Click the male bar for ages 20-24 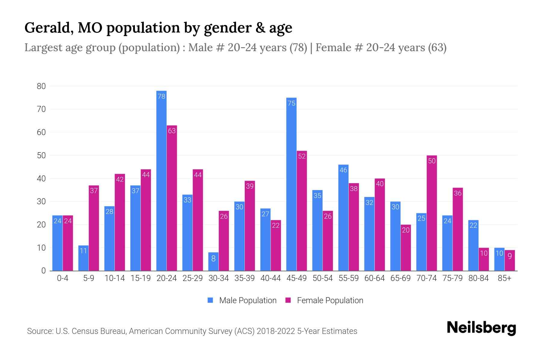coord(161,180)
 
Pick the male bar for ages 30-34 coord(213,261)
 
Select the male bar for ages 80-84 coord(473,245)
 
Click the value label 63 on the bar coord(172,131)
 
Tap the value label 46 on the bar coord(343,170)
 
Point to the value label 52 coord(302,156)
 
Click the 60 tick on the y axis coord(41,132)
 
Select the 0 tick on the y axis coord(43,271)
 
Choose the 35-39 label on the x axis coord(245,278)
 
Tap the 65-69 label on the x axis coord(400,278)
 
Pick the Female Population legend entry coord(324,301)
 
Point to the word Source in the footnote coord(40,331)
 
